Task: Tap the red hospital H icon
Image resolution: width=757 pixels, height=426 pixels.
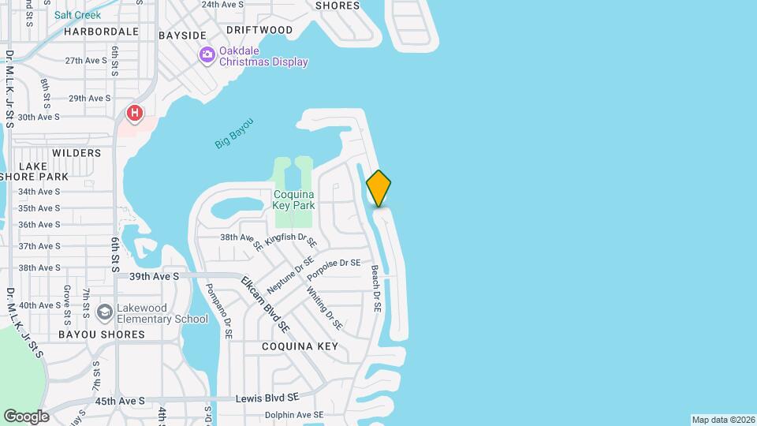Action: point(135,114)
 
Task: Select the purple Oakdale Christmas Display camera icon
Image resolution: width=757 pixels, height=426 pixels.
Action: point(207,54)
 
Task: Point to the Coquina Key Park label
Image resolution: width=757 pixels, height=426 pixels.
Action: point(294,200)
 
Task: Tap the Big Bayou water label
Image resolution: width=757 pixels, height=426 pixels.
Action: point(234,133)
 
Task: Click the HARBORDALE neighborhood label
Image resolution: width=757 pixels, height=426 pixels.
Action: point(101,32)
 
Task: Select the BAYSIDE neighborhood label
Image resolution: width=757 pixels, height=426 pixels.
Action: point(182,35)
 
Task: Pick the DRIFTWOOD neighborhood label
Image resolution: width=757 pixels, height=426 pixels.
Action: point(259,30)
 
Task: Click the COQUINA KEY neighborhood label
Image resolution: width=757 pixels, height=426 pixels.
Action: point(300,346)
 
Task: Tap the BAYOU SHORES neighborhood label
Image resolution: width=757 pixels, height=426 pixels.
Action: point(102,334)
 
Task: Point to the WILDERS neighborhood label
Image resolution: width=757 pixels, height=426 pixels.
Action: point(76,153)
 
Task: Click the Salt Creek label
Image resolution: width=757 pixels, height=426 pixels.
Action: point(77,15)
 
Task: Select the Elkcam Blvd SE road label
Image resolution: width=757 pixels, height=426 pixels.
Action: point(265,303)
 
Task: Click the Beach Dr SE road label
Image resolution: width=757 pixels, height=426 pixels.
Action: point(376,286)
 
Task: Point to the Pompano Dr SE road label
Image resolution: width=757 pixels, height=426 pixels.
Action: point(218,312)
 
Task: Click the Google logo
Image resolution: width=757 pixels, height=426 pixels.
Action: point(26,417)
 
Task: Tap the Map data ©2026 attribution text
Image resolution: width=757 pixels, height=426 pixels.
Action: point(722,420)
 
